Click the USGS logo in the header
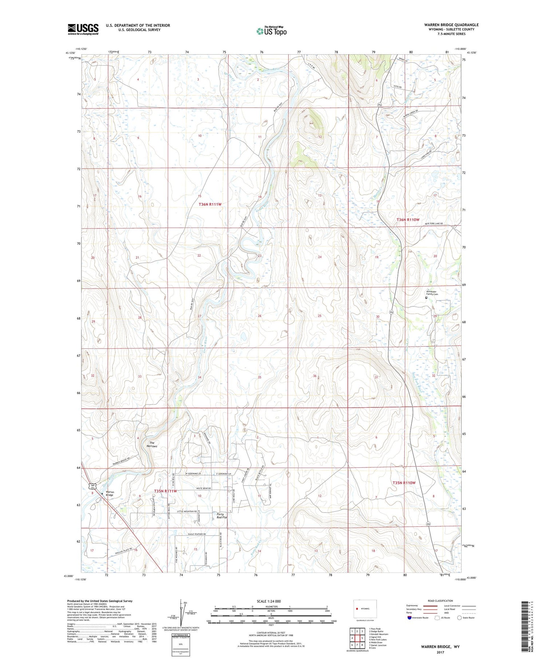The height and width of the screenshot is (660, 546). pyautogui.click(x=83, y=29)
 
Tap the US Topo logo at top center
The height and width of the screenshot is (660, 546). pyautogui.click(x=271, y=31)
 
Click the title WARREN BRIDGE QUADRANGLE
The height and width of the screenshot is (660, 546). pyautogui.click(x=451, y=25)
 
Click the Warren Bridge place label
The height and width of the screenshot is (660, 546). pyautogui.click(x=110, y=493)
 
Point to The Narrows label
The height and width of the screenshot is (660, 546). pyautogui.click(x=151, y=444)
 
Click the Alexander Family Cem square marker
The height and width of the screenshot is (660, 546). pyautogui.click(x=426, y=298)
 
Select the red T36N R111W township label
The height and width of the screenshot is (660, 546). pyautogui.click(x=210, y=205)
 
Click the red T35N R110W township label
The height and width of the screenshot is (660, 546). pyautogui.click(x=404, y=483)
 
